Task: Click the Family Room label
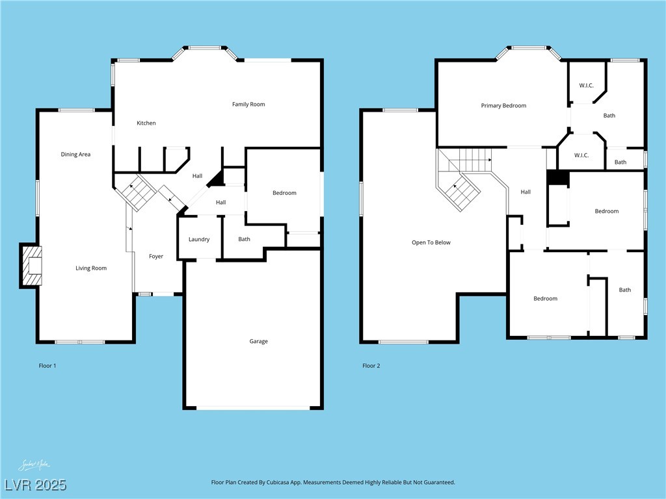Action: coord(248,104)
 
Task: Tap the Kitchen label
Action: coord(146,123)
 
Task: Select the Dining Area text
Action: coord(75,154)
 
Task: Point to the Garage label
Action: coord(258,341)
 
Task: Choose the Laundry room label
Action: coord(199,239)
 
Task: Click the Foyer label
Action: coord(156,256)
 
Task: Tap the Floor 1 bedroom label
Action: coord(284,192)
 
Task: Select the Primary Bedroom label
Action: coord(503,105)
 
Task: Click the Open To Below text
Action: coord(431,242)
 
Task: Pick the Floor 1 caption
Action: coord(47,366)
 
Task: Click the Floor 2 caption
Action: coord(371,366)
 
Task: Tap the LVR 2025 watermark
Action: coord(35,485)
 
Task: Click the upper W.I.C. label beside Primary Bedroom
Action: coord(586,85)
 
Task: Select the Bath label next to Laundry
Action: coord(244,239)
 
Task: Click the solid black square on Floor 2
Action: coord(557,177)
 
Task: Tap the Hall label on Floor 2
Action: coord(526,192)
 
